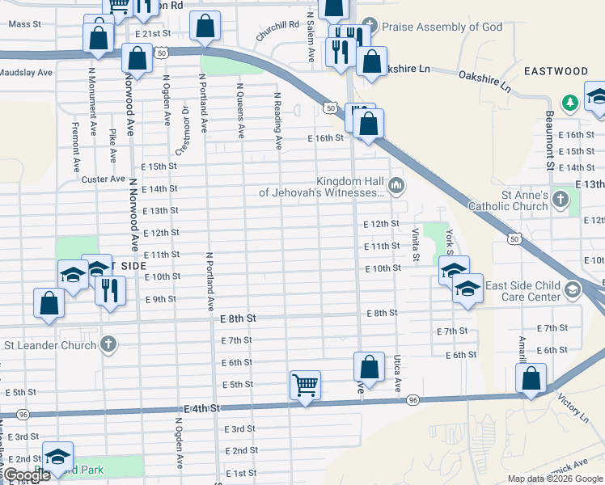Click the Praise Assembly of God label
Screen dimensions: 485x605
pyautogui.click(x=442, y=27)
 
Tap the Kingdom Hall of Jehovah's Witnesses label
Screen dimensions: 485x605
pyautogui.click(x=321, y=187)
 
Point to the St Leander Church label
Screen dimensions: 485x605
pyautogui.click(x=50, y=345)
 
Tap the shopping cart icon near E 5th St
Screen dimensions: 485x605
pyautogui.click(x=305, y=385)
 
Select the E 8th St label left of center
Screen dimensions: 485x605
pyautogui.click(x=238, y=319)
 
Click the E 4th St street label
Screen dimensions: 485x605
pyautogui.click(x=202, y=409)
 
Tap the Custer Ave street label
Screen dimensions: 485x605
pyautogui.click(x=104, y=179)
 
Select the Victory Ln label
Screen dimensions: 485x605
pyautogui.click(x=573, y=409)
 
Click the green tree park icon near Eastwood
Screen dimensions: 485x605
pyautogui.click(x=570, y=102)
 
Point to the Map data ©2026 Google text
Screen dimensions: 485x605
pyautogui.click(x=555, y=479)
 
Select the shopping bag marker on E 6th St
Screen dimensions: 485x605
pyautogui.click(x=369, y=366)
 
